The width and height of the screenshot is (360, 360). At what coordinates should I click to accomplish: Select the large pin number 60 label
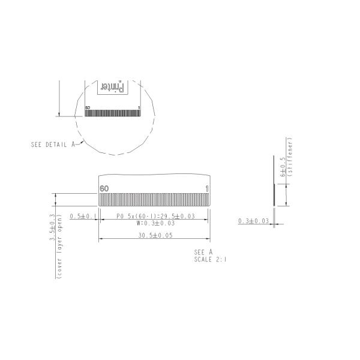(104, 188)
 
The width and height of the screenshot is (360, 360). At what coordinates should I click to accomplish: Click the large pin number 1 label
(207, 188)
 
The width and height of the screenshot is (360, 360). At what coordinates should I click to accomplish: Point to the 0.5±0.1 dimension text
(83, 216)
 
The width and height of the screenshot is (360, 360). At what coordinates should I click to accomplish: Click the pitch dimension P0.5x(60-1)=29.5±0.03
(155, 216)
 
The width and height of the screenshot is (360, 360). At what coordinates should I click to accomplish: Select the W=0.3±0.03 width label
(155, 223)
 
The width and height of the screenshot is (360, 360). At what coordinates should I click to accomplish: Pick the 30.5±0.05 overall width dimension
(155, 236)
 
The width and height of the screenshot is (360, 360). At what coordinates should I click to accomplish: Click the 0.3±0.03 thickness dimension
(253, 221)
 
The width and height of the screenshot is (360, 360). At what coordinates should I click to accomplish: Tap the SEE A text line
(203, 253)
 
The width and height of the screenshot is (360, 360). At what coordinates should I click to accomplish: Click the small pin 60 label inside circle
(88, 108)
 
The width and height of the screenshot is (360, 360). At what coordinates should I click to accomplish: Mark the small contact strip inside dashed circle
(113, 113)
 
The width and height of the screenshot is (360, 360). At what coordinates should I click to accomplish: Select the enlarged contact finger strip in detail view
(155, 200)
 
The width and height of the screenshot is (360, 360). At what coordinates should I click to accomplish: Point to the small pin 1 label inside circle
(139, 108)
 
